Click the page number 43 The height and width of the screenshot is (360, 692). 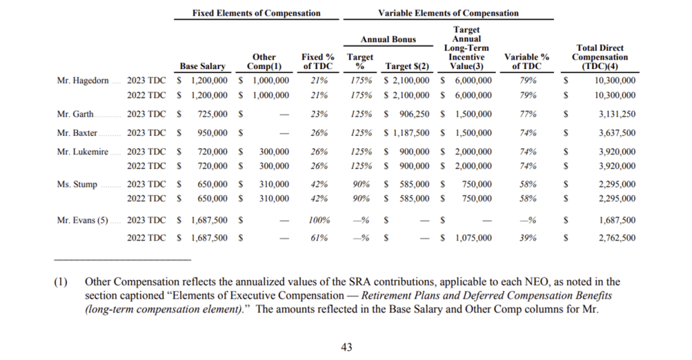pyautogui.click(x=346, y=347)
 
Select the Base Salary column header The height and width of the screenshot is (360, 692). pyautogui.click(x=202, y=66)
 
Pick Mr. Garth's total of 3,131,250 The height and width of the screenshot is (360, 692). pyautogui.click(x=616, y=114)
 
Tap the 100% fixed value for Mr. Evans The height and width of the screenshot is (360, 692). pyautogui.click(x=320, y=220)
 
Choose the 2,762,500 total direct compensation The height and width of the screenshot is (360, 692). pyautogui.click(x=616, y=238)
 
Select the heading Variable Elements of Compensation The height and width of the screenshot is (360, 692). pyautogui.click(x=448, y=13)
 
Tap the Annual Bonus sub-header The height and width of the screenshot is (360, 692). pyautogui.click(x=388, y=39)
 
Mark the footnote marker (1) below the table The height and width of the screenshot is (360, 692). pyautogui.click(x=61, y=282)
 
